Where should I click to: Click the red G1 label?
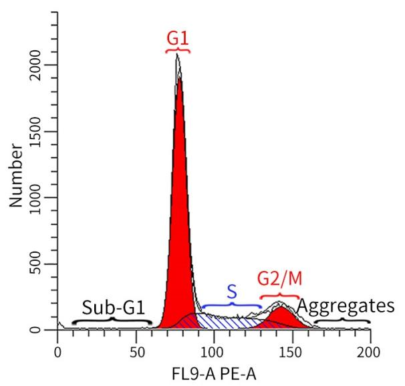pyautogui.click(x=178, y=37)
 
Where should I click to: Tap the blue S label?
pyautogui.click(x=231, y=293)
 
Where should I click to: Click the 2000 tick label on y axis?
pyautogui.click(x=42, y=66)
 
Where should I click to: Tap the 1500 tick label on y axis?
pyautogui.click(x=42, y=132)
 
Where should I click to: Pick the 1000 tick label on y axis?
pyautogui.click(x=42, y=198)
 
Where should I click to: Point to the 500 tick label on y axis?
pyautogui.click(x=42, y=264)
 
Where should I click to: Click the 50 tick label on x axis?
pyautogui.click(x=136, y=351)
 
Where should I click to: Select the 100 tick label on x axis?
pyautogui.click(x=213, y=351)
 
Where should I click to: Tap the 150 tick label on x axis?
pyautogui.click(x=291, y=351)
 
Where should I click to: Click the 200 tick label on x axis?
pyautogui.click(x=370, y=351)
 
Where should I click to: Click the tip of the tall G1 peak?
pyautogui.click(x=177, y=55)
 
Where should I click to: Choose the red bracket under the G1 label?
pyautogui.click(x=178, y=51)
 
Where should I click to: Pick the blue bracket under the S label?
pyautogui.click(x=231, y=306)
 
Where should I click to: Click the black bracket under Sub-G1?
pyautogui.click(x=112, y=320)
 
